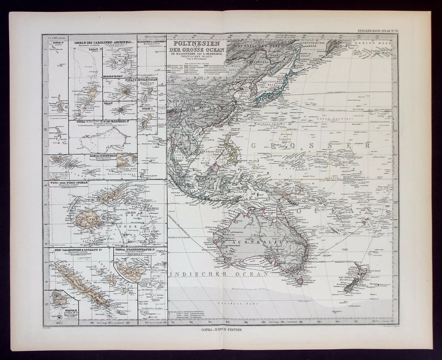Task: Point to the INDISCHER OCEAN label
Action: [x=218, y=274]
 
